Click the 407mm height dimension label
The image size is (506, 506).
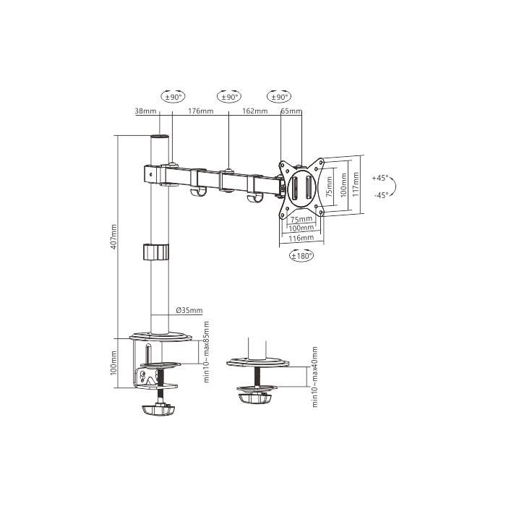[113, 236]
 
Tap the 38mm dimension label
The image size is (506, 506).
[145, 111]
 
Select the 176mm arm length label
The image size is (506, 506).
[201, 111]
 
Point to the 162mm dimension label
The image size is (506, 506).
[255, 111]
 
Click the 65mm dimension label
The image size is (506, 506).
[291, 111]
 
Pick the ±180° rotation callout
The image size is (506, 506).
[301, 256]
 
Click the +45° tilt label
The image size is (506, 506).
[379, 178]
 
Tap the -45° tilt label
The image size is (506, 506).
[381, 195]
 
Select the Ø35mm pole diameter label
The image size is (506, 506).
[189, 310]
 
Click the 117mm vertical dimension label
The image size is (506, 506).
[356, 184]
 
